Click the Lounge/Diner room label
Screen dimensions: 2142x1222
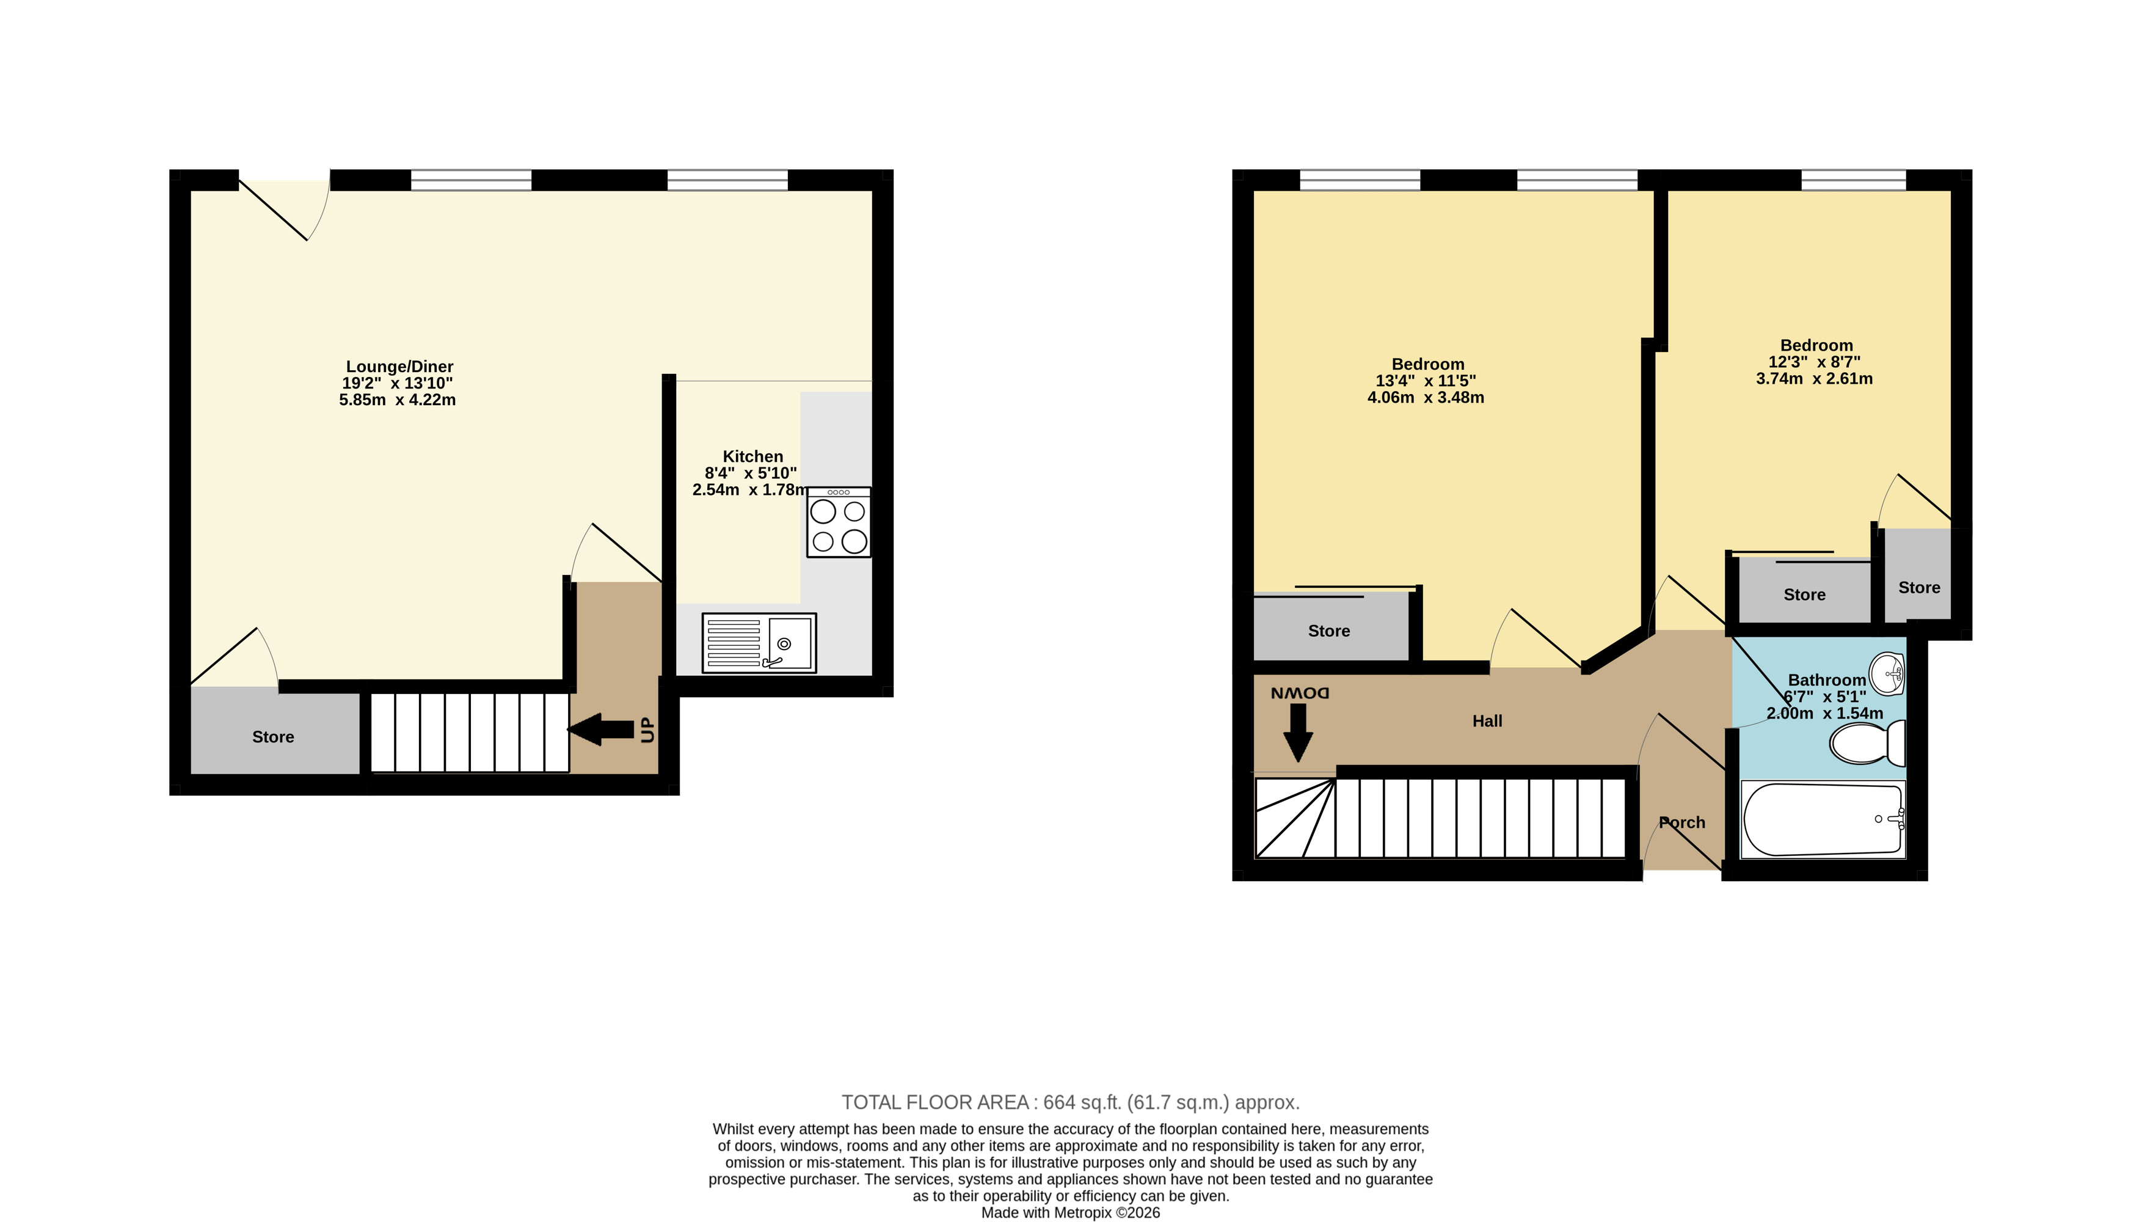pyautogui.click(x=399, y=367)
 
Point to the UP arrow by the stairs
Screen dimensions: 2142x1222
pyautogui.click(x=601, y=728)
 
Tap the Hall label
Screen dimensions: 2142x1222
pyautogui.click(x=1487, y=721)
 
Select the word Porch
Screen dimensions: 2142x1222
pyautogui.click(x=1682, y=822)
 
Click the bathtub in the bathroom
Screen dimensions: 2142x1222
pyautogui.click(x=1823, y=819)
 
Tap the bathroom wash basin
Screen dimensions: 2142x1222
pyautogui.click(x=1888, y=674)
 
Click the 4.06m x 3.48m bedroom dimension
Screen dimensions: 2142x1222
pyautogui.click(x=1426, y=398)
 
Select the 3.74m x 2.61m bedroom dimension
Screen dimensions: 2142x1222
pyautogui.click(x=1814, y=379)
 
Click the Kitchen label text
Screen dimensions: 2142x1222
pyautogui.click(x=752, y=456)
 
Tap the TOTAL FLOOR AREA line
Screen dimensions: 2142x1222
pyautogui.click(x=1071, y=1102)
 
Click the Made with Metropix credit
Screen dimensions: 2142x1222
pyautogui.click(x=1071, y=1213)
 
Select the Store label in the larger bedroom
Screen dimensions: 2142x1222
pyautogui.click(x=1329, y=631)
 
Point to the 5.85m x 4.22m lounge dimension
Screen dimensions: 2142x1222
pyautogui.click(x=397, y=400)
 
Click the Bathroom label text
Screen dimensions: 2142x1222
pyautogui.click(x=1826, y=680)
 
